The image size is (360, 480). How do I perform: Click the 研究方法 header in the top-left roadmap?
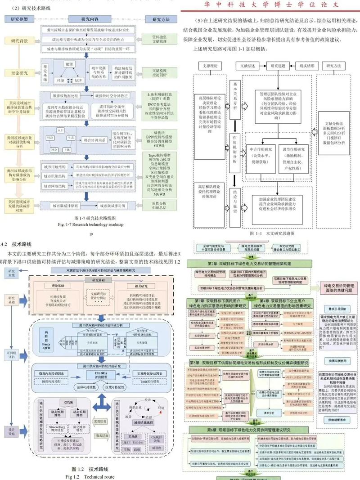160,19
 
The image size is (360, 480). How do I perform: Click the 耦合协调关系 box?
94,140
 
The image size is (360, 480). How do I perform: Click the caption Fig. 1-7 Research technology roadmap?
90,224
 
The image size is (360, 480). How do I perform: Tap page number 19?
90,234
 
